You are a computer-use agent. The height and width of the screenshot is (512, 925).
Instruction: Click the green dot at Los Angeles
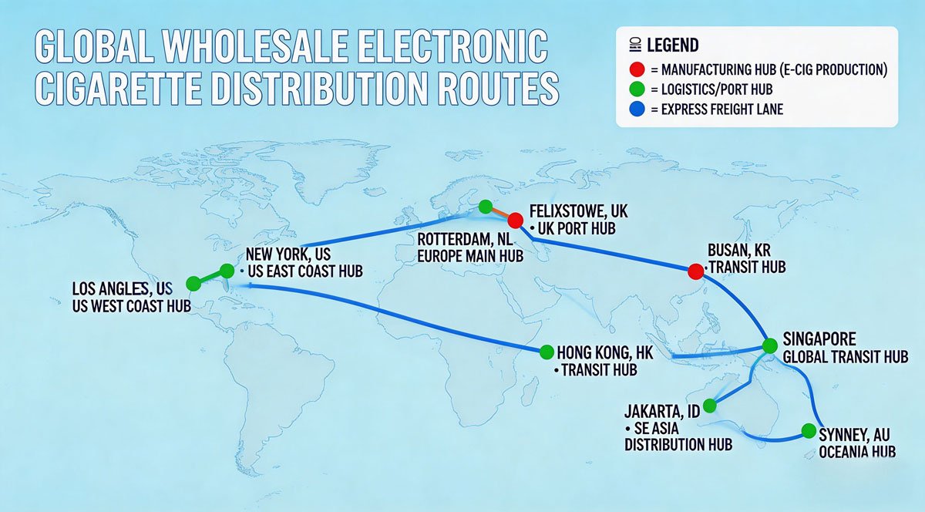pos(193,284)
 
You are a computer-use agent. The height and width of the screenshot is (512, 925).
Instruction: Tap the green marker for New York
pos(227,270)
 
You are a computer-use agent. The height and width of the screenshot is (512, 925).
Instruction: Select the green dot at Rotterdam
pos(484,206)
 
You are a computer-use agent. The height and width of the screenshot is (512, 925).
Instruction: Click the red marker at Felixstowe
pos(516,220)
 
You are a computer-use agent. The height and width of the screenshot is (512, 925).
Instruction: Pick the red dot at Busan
pos(695,271)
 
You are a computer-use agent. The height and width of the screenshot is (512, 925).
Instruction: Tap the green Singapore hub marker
pos(769,345)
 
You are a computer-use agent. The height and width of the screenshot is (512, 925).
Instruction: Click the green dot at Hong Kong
pos(547,352)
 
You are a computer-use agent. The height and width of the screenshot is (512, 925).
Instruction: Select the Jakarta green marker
pos(710,406)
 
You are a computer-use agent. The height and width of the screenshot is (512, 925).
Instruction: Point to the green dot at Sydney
pos(808,430)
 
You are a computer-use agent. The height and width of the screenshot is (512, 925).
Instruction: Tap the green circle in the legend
pos(637,89)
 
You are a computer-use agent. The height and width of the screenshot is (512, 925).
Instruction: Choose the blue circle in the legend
pos(637,109)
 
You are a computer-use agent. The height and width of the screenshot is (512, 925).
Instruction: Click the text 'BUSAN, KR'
pos(738,251)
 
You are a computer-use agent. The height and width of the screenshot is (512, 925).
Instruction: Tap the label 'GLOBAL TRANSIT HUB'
pos(834,357)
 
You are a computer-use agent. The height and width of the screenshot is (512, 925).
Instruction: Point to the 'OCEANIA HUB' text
pos(858,451)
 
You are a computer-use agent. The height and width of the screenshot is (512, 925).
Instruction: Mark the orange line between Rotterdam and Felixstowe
pos(499,212)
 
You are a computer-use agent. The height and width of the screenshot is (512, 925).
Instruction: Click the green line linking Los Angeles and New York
pos(210,277)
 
